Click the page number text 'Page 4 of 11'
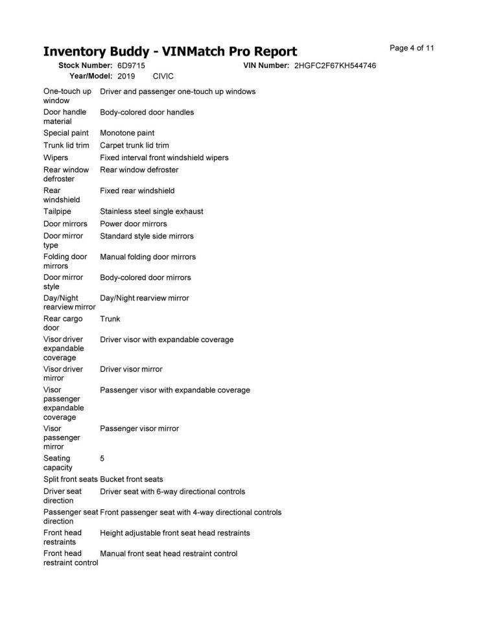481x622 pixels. (412, 48)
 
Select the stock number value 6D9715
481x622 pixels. (131, 66)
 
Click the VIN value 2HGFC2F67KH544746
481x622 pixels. (334, 66)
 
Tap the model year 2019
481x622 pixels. (126, 76)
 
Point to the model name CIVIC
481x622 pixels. (163, 76)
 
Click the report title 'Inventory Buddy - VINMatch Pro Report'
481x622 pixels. (170, 52)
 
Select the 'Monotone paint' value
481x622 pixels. (127, 133)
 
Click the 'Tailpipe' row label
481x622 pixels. (58, 211)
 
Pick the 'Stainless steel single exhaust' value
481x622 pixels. (151, 211)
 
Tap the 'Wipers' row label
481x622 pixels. (56, 157)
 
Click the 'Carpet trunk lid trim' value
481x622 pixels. (134, 146)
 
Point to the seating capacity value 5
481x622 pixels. (102, 459)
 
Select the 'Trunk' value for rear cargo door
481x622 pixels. (110, 319)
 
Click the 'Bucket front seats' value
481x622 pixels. (132, 479)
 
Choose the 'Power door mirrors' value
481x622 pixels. (133, 224)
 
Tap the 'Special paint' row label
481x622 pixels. (66, 133)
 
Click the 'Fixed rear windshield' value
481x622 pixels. (137, 191)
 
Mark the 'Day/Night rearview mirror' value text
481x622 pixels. (145, 298)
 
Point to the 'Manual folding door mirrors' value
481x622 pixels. (148, 257)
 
